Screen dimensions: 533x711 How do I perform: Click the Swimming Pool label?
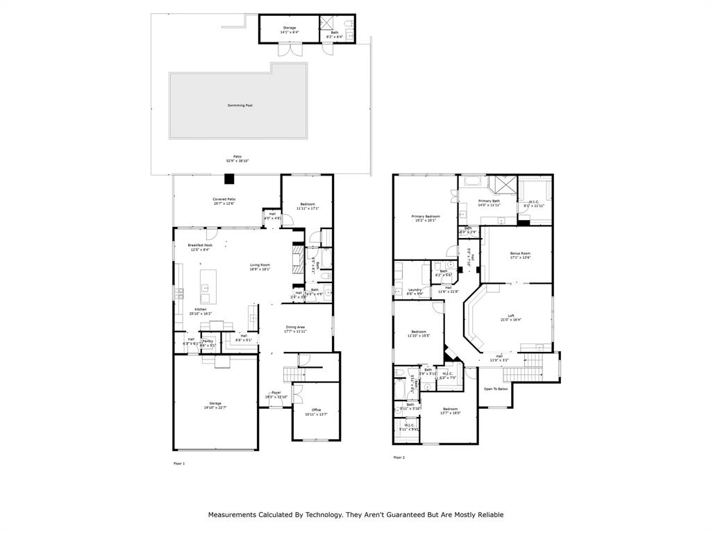[x=240, y=105]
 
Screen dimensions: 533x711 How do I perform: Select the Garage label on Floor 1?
[x=215, y=405]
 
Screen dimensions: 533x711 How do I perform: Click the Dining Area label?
[x=295, y=329]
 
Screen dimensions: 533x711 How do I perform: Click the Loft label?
[x=511, y=317]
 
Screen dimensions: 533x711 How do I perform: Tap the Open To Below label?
[x=495, y=389]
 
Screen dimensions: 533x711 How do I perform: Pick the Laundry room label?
[x=415, y=291]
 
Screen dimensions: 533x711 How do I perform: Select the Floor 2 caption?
[x=399, y=457]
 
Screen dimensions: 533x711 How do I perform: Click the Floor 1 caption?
[x=179, y=463]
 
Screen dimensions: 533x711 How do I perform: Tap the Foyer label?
[x=276, y=394]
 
